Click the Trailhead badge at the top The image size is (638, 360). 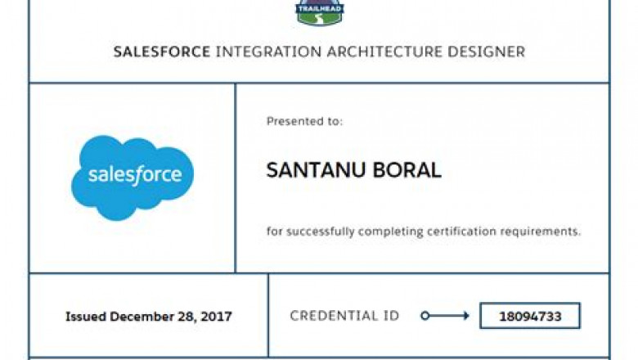[319, 11]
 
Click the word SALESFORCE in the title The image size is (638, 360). [161, 52]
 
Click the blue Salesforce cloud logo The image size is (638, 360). [133, 176]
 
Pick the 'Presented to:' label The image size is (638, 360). [304, 121]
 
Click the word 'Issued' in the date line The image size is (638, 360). [86, 317]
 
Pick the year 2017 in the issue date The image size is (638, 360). [217, 317]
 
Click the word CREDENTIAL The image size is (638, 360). [334, 316]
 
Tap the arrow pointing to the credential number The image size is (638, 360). [445, 316]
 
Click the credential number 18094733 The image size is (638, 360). [529, 316]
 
